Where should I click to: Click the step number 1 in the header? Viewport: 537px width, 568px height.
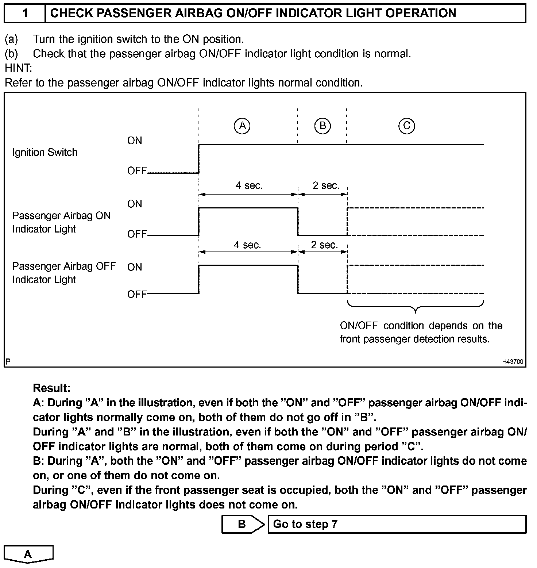25,14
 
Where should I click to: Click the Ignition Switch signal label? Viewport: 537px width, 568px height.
45,152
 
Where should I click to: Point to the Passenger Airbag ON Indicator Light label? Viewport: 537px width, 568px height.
61,222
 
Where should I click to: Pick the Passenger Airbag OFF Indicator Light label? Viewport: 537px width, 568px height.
64,273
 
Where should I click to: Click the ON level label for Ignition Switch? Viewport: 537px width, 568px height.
135,141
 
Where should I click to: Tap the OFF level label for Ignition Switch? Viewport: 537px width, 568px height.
137,170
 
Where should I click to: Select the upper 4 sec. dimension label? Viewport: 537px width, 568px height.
249,185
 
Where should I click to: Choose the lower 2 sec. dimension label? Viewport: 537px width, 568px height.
324,245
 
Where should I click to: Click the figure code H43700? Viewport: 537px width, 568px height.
513,362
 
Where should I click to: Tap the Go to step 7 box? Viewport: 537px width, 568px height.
397,524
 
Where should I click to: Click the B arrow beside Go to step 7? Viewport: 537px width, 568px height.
243,524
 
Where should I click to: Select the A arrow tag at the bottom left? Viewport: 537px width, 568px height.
28,554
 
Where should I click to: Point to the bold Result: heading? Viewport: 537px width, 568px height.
51,388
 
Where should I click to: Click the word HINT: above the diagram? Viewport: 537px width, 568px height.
19,68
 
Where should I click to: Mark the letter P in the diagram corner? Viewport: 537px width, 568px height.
8,362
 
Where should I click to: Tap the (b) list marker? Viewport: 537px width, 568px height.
11,54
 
